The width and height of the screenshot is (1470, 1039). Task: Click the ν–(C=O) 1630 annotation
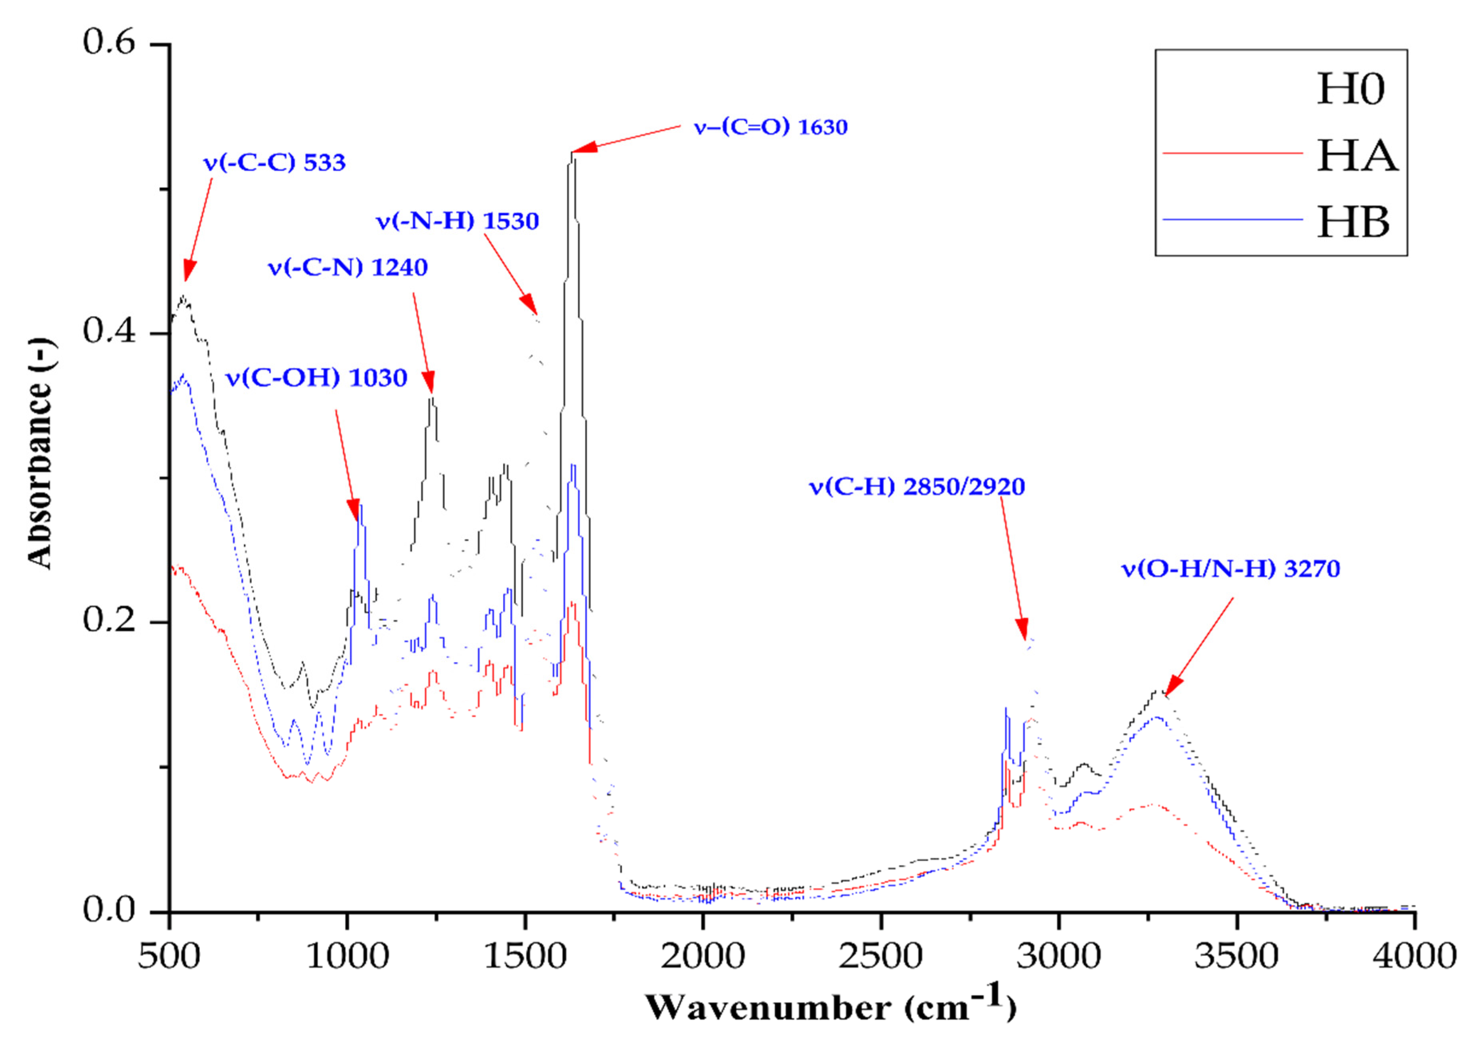(x=770, y=127)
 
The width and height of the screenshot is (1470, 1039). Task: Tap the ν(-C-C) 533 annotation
(x=274, y=163)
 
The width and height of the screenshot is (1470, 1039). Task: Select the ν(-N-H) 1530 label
(x=457, y=221)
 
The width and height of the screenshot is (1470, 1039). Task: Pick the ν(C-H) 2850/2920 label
(x=917, y=487)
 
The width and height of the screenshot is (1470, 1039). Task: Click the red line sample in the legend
(x=1233, y=154)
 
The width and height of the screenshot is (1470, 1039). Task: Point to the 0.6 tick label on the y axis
(x=109, y=43)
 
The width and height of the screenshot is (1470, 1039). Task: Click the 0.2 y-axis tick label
(x=109, y=621)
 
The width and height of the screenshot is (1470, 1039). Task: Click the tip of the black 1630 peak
(x=572, y=154)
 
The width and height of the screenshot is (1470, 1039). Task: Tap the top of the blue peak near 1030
(x=361, y=506)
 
